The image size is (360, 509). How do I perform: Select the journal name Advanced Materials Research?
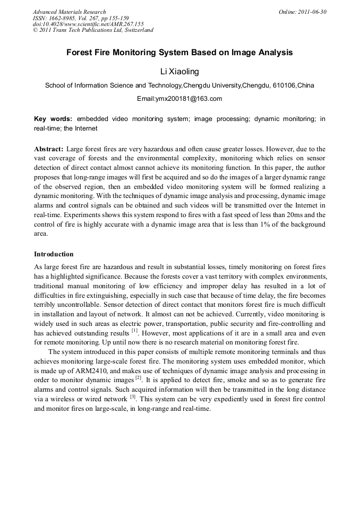point(69,12)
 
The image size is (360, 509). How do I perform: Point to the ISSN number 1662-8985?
point(64,18)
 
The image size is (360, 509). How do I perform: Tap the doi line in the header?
point(88,24)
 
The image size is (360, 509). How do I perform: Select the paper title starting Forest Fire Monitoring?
point(179,53)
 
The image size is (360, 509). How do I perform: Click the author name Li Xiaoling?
point(179,71)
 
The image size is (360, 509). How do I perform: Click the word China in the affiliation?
point(306,85)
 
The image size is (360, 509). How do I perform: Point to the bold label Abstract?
point(49,149)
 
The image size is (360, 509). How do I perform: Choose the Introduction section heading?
point(54,254)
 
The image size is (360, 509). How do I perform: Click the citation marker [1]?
point(135,330)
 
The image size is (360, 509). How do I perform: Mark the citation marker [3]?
point(133,397)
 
